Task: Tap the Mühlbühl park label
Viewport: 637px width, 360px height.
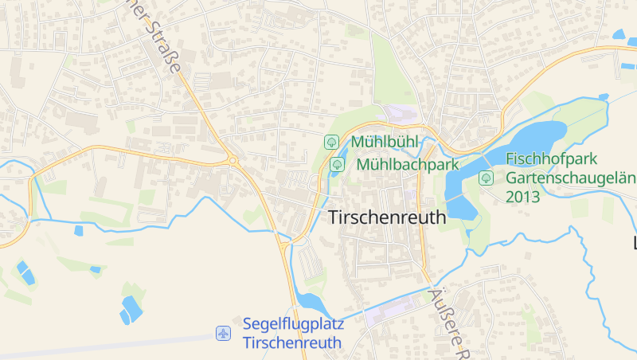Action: [385, 142]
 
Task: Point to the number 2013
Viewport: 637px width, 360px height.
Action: [522, 196]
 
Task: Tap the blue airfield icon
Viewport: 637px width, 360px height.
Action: [224, 333]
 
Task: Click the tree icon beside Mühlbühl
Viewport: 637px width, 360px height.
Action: [330, 142]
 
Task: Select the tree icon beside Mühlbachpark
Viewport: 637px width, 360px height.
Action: [338, 164]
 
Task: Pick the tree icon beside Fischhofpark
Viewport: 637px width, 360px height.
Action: [485, 178]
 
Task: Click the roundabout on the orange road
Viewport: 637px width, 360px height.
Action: [233, 161]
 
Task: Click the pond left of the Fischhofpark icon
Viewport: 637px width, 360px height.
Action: [460, 195]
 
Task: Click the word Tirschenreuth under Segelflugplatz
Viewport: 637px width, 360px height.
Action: [291, 343]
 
